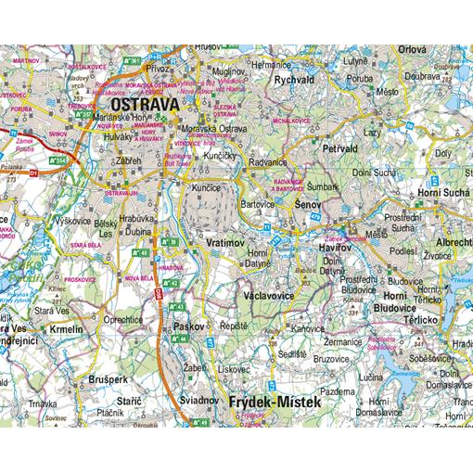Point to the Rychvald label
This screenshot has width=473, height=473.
(296, 80)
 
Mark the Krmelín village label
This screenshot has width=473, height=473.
(66, 329)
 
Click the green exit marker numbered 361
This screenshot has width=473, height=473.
(134, 61)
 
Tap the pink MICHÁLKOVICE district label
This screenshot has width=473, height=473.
(290, 121)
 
